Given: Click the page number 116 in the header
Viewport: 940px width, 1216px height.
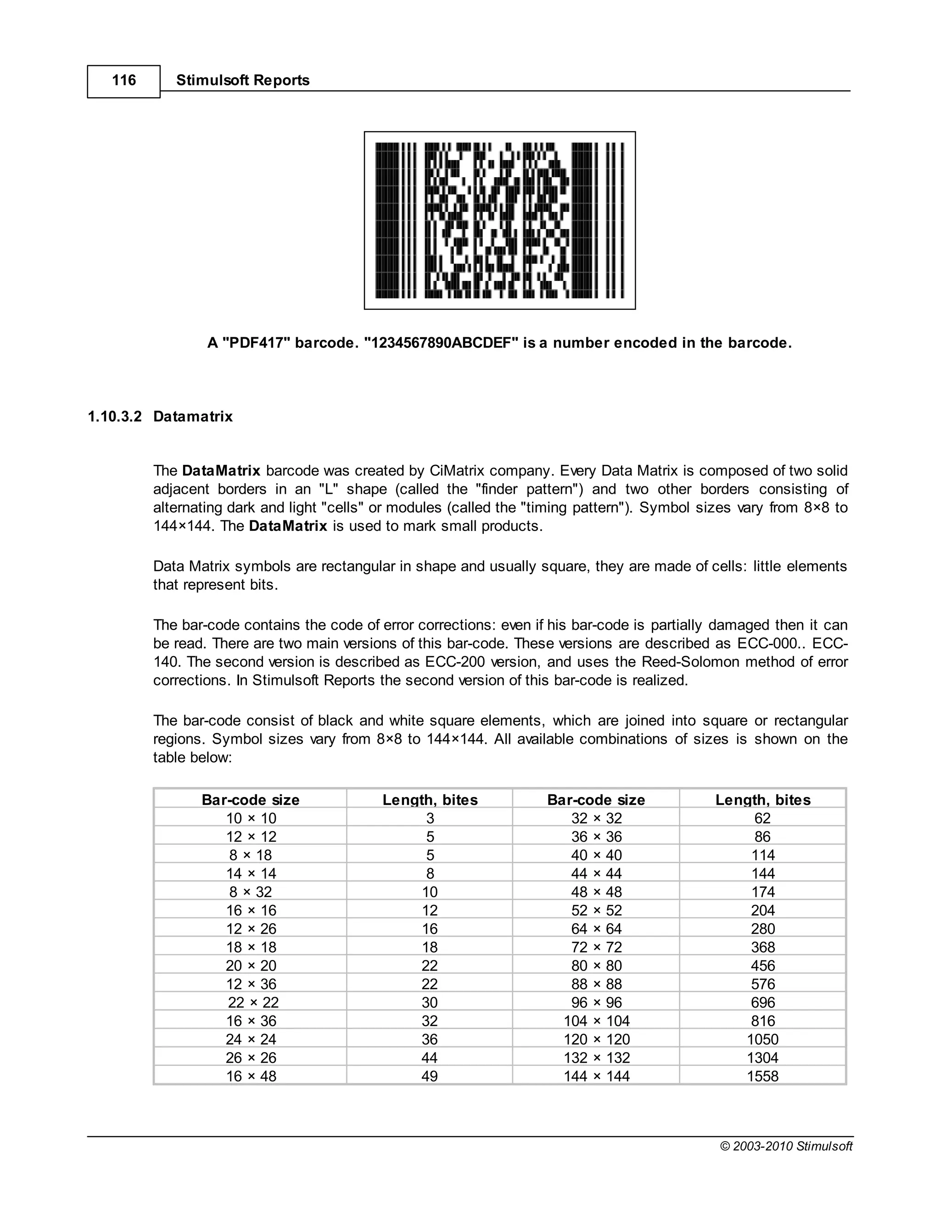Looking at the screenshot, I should click(123, 81).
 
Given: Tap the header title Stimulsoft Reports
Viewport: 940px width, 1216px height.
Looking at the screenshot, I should click(243, 81).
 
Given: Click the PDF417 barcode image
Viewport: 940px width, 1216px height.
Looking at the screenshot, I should click(499, 220).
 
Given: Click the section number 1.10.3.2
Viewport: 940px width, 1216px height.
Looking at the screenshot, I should click(115, 417).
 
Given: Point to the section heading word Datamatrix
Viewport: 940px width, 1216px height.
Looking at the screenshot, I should click(193, 417).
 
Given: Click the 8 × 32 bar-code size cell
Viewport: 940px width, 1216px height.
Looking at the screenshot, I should click(251, 892).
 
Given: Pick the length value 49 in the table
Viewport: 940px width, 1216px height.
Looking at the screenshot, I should click(429, 1076).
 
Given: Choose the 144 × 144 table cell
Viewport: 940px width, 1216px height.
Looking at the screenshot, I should click(596, 1076).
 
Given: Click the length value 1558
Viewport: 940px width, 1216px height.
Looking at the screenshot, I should click(762, 1076).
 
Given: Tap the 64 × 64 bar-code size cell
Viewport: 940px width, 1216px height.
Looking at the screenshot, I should click(596, 929).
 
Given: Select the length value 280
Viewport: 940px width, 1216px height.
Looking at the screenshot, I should click(762, 929).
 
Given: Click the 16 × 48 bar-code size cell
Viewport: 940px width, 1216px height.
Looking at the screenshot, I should click(251, 1076).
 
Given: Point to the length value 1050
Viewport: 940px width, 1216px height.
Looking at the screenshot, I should click(762, 1039).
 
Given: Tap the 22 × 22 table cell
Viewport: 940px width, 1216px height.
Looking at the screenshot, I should click(253, 1003).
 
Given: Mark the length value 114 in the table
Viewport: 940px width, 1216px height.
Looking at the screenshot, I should click(762, 855).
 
